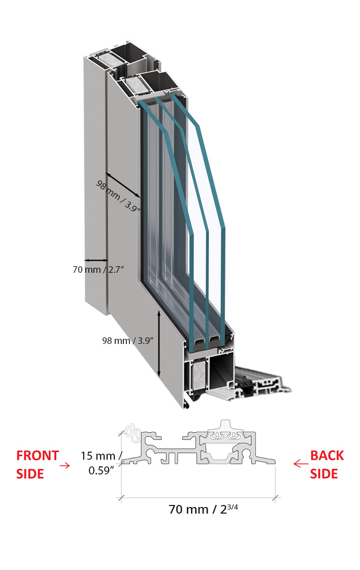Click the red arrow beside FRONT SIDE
click(65, 464)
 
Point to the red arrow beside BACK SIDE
click(301, 463)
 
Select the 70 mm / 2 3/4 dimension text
click(203, 509)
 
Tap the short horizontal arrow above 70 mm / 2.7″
click(95, 260)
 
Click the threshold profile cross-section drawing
click(198, 447)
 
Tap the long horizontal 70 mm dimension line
click(198, 497)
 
